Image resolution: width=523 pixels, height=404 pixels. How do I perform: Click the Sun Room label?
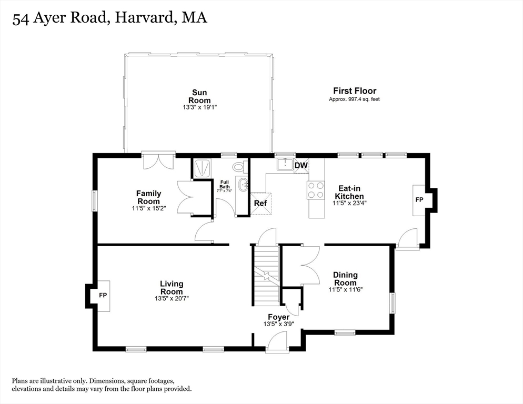pyautogui.click(x=200, y=97)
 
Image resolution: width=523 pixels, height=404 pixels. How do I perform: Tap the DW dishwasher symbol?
pyautogui.click(x=300, y=166)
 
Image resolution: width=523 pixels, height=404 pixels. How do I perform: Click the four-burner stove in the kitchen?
pyautogui.click(x=315, y=189)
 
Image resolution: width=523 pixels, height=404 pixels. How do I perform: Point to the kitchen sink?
pyautogui.click(x=285, y=164)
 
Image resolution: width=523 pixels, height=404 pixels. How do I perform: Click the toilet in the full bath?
pyautogui.click(x=239, y=167)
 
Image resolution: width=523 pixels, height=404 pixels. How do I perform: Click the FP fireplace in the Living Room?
pyautogui.click(x=103, y=296)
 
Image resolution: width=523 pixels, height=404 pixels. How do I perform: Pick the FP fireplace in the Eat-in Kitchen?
pyautogui.click(x=419, y=200)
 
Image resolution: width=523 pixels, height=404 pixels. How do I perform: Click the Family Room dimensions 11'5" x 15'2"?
pyautogui.click(x=149, y=208)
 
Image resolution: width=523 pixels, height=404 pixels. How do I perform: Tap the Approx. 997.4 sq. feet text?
pyautogui.click(x=354, y=99)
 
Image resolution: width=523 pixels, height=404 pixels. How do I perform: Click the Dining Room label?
pyautogui.click(x=345, y=279)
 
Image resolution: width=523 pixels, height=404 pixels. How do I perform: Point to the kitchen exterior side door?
pyautogui.click(x=407, y=238)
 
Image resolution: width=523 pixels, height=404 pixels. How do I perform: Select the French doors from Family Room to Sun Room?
pyautogui.click(x=158, y=160)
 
